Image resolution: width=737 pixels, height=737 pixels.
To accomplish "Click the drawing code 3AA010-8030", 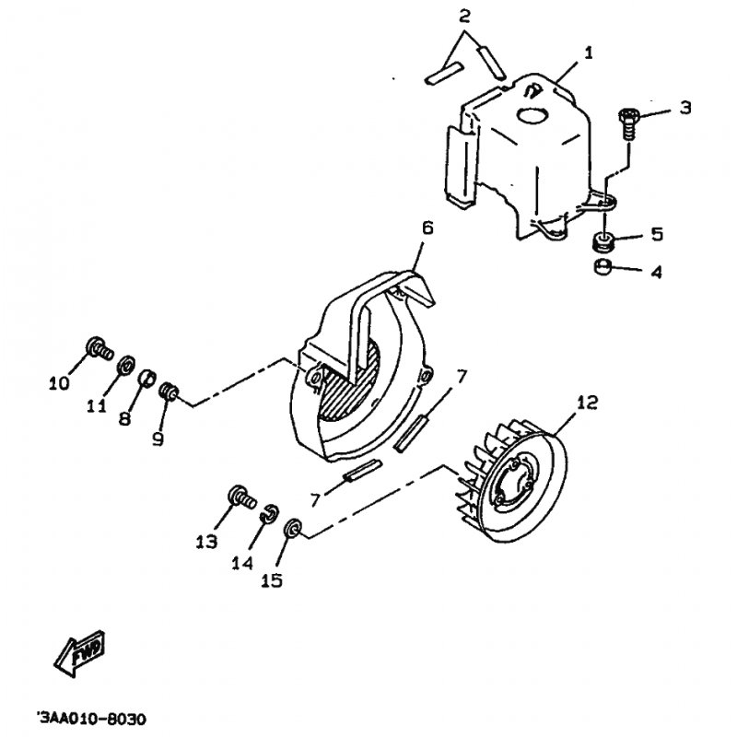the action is pos(92,719).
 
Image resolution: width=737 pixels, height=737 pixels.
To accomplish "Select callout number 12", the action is pos(586,403).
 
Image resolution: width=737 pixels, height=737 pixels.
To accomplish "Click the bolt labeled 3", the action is pos(627,123).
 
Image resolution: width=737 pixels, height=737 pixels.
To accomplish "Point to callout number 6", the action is pos(427,228).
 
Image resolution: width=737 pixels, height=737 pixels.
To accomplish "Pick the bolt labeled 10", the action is pos(99,348).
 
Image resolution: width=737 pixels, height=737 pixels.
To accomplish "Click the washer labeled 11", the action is pos(126,365).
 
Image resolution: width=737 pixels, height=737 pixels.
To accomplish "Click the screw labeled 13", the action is pos(241,497).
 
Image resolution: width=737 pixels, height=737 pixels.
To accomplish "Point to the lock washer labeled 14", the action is pos(270,513).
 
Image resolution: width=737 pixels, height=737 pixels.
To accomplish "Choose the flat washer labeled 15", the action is pos(292,527).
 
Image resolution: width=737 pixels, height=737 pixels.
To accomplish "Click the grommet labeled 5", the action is pos(602,241).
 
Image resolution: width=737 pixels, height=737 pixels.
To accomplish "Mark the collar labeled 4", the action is pos(602,267).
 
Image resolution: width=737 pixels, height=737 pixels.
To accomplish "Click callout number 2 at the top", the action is pos(464,17).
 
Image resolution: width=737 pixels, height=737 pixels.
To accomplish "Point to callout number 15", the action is pos(272,580).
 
